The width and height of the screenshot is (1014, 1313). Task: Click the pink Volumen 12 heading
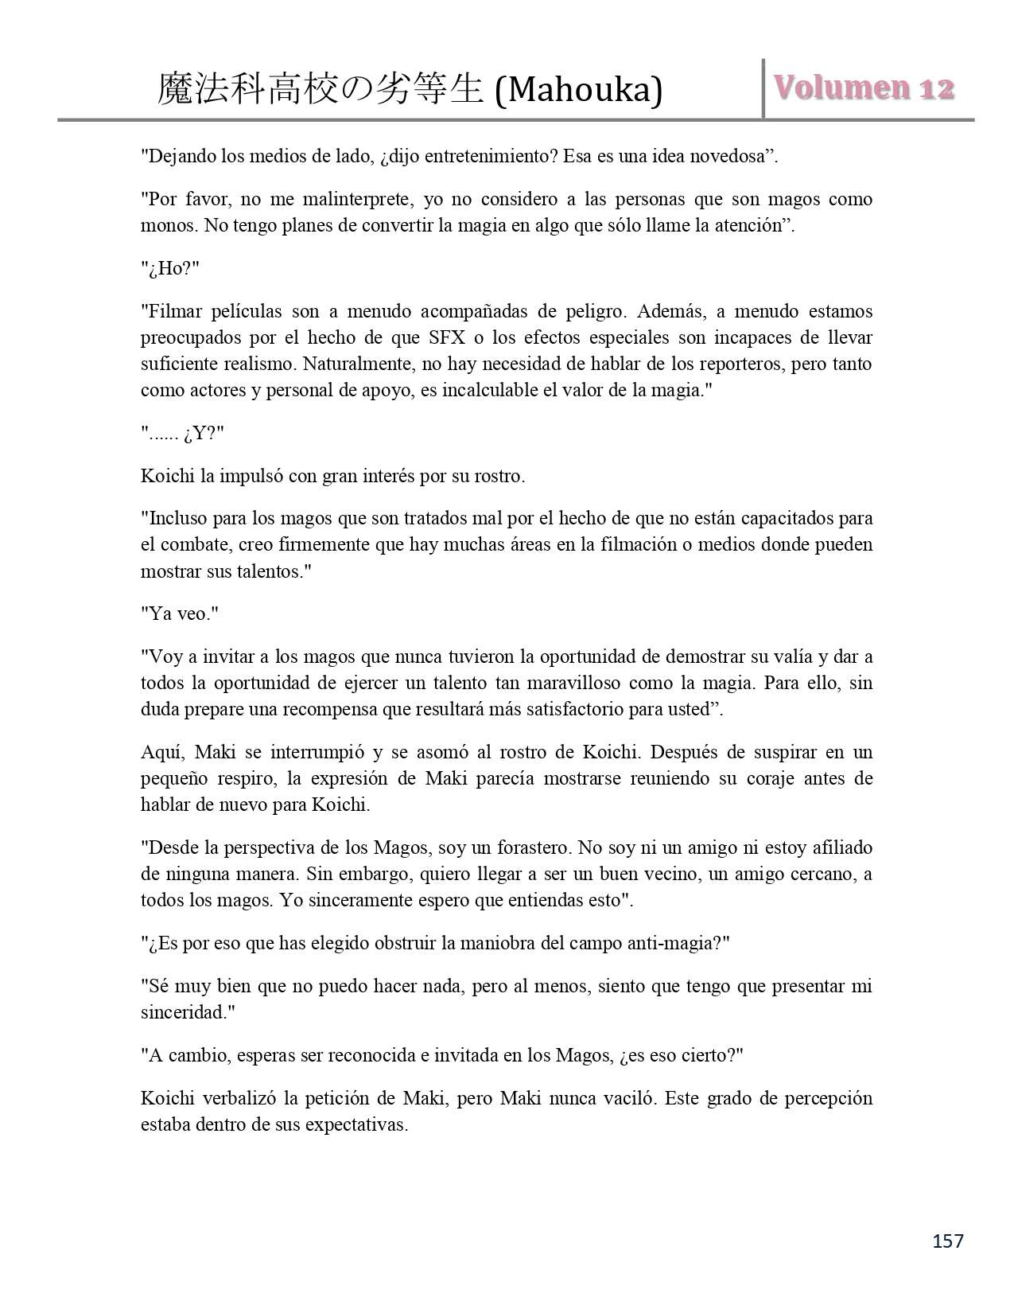(864, 88)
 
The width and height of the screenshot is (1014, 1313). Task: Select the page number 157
(946, 1241)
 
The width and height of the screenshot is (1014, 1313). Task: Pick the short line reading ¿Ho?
(169, 268)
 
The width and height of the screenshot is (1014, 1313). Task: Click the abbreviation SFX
(450, 337)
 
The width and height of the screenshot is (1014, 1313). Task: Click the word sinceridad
(181, 1012)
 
